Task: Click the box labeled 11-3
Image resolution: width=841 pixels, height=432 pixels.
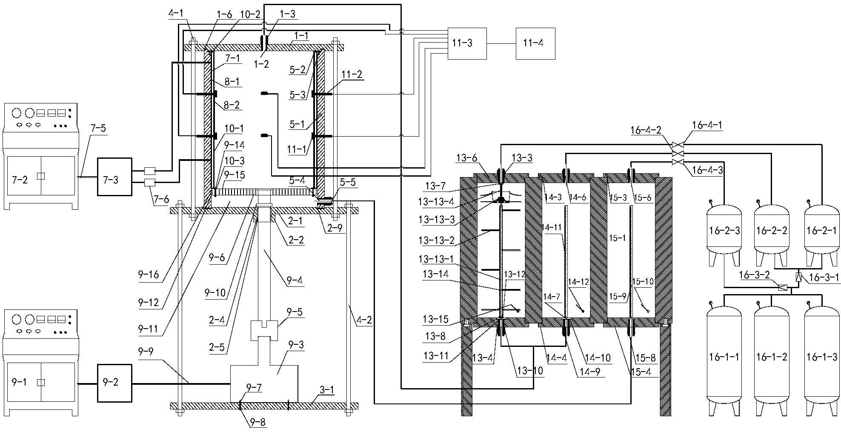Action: point(467,43)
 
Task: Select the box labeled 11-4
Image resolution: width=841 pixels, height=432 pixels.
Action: point(535,43)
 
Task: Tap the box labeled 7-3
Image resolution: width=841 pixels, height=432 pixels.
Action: point(114,177)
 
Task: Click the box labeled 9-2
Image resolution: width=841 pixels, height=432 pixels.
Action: point(114,383)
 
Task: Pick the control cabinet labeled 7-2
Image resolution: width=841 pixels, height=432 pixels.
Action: point(41,156)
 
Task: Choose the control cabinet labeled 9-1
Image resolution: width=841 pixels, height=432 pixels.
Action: point(41,363)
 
